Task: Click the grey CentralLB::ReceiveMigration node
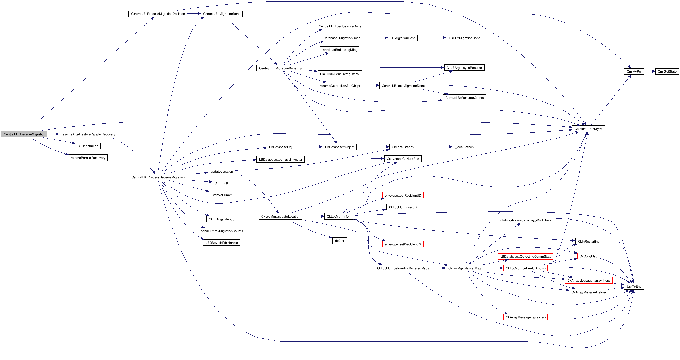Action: coord(24,134)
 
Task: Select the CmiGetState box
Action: coord(667,71)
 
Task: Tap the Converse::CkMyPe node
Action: coord(588,129)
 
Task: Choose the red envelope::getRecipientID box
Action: coord(402,196)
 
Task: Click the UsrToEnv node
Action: coord(634,286)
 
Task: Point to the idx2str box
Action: coord(339,241)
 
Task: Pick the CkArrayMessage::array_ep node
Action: coord(525,317)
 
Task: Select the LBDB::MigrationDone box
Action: coord(464,38)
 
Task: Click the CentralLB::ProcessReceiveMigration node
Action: coord(158,177)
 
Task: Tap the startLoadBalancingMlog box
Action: coord(339,50)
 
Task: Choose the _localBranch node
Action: coord(464,147)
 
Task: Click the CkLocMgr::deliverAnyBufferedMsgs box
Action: coord(403,268)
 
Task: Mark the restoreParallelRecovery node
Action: coord(88,158)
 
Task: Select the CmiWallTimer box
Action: coord(222,195)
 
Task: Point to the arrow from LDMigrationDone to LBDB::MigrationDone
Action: coord(432,38)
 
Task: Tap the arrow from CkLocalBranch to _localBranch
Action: coord(434,147)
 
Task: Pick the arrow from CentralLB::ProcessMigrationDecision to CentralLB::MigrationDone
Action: coord(193,14)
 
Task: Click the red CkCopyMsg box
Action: coord(588,256)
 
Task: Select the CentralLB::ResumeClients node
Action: coord(464,98)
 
